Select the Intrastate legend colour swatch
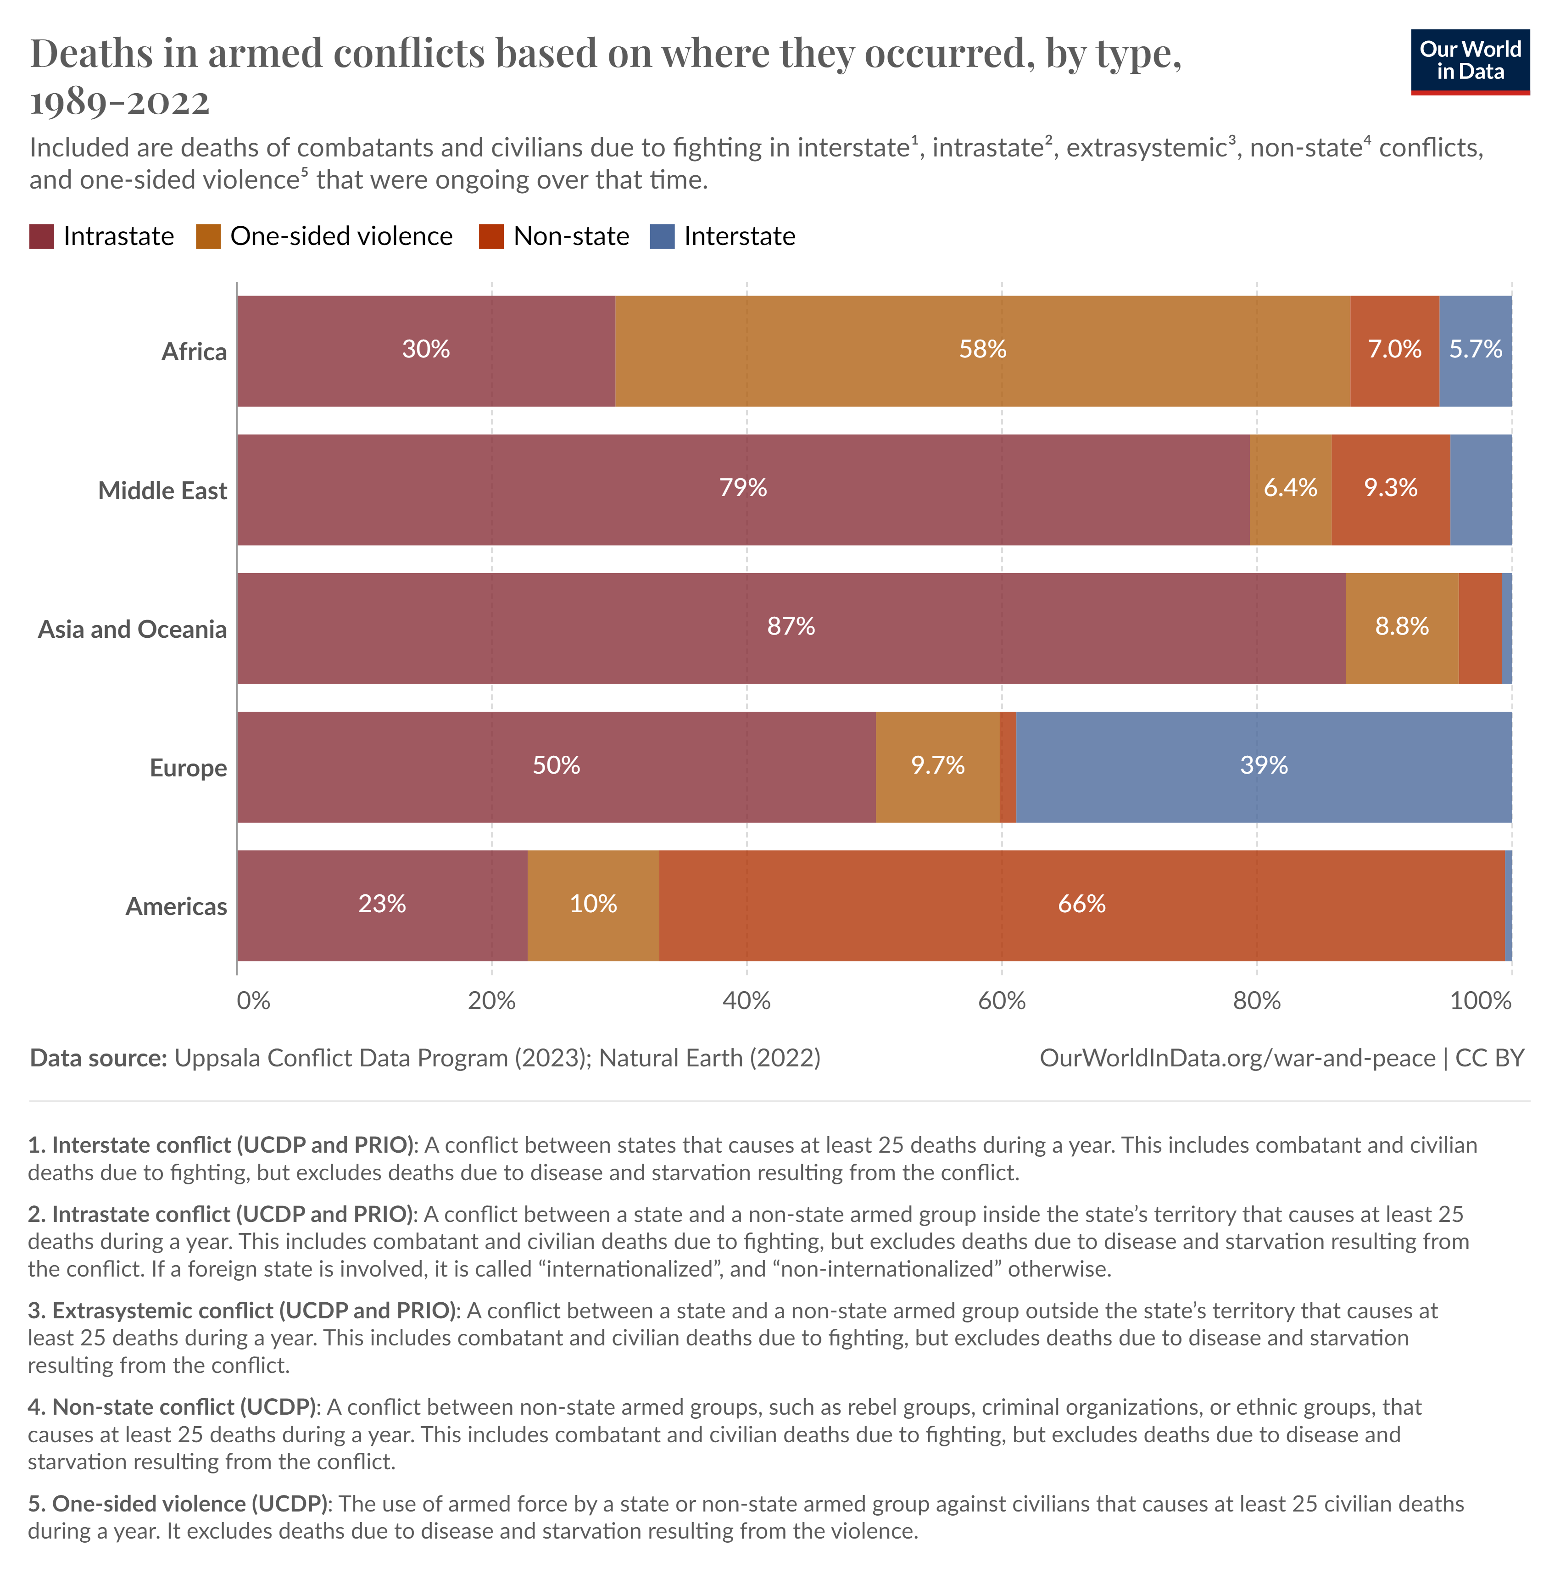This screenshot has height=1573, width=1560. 42,236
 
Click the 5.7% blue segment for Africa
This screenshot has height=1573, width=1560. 1475,350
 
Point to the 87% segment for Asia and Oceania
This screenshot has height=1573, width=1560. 791,627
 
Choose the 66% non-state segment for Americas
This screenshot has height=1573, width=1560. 1081,904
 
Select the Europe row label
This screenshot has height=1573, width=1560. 188,768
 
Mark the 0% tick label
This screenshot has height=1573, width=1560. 253,1001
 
